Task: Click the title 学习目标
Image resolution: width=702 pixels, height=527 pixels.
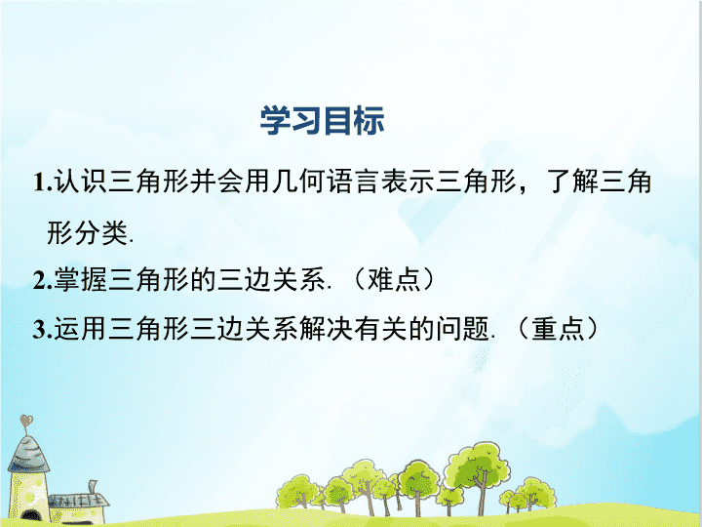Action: click(322, 120)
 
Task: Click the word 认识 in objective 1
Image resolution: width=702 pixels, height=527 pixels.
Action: click(81, 182)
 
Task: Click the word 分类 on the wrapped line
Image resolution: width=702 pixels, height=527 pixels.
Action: click(101, 232)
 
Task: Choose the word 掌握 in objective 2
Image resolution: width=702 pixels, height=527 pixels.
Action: click(81, 280)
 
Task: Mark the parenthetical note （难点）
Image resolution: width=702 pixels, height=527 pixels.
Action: click(395, 280)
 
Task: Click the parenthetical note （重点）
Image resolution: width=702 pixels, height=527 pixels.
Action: click(559, 329)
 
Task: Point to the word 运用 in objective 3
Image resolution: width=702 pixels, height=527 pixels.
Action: click(81, 329)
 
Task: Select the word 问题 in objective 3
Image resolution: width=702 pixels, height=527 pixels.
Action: click(462, 329)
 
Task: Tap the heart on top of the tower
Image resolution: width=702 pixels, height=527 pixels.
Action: click(26, 422)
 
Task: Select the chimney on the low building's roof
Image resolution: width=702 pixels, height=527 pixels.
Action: click(94, 487)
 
